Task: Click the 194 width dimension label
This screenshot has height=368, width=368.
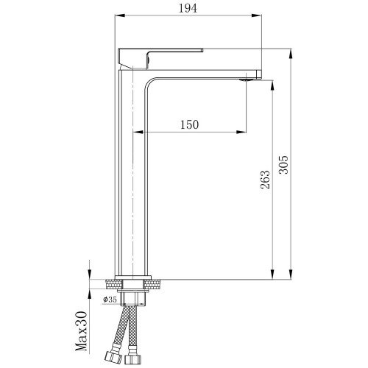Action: tap(188, 9)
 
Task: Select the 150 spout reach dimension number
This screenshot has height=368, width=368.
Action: tap(189, 125)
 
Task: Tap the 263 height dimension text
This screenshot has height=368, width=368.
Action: tap(265, 180)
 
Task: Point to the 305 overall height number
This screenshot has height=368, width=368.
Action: tap(283, 165)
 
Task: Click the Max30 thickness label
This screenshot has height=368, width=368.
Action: tap(81, 331)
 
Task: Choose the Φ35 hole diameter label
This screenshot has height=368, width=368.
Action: tap(110, 300)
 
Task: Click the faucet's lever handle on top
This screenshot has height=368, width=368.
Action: tap(160, 59)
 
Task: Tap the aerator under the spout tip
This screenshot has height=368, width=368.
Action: tap(247, 79)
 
